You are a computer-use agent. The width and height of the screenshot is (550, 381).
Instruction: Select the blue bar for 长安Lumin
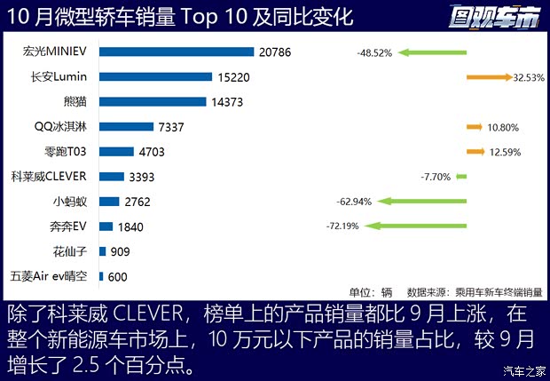coord(155,77)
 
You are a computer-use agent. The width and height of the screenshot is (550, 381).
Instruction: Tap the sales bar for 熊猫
coord(151,102)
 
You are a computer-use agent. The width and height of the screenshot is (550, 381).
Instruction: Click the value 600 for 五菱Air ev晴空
coord(117,277)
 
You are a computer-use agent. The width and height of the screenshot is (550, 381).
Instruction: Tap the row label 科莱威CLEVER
coord(49,177)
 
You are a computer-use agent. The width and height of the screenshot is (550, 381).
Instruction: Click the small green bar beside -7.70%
coord(461,177)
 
